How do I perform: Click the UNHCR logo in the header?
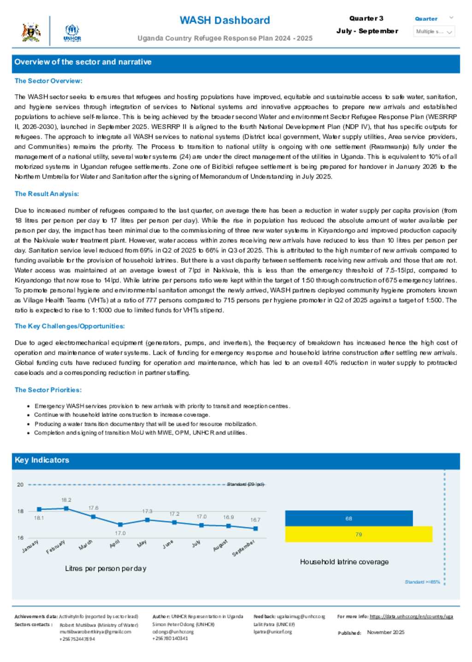coord(72,32)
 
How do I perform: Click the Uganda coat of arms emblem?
coord(31,32)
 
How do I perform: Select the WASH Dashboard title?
coord(224,20)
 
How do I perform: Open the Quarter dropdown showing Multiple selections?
coord(434,31)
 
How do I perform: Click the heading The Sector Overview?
coord(48,81)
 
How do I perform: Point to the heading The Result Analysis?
coord(47,194)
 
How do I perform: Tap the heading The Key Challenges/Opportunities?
coord(70,326)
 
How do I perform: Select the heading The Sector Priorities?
coord(48,390)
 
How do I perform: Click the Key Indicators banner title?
coord(42,460)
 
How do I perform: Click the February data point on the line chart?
coord(66,508)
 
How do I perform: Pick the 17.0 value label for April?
coord(120,533)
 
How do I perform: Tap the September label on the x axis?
coord(243,548)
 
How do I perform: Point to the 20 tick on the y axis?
coord(20,484)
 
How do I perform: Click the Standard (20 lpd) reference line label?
coord(246,484)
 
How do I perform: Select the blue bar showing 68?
coord(349,518)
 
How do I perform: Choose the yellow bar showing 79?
coord(359,534)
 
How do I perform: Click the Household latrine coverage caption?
coord(344,562)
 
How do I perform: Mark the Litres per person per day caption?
coord(106,568)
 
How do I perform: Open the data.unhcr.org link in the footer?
coord(411,616)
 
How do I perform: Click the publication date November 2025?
coord(385,632)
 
